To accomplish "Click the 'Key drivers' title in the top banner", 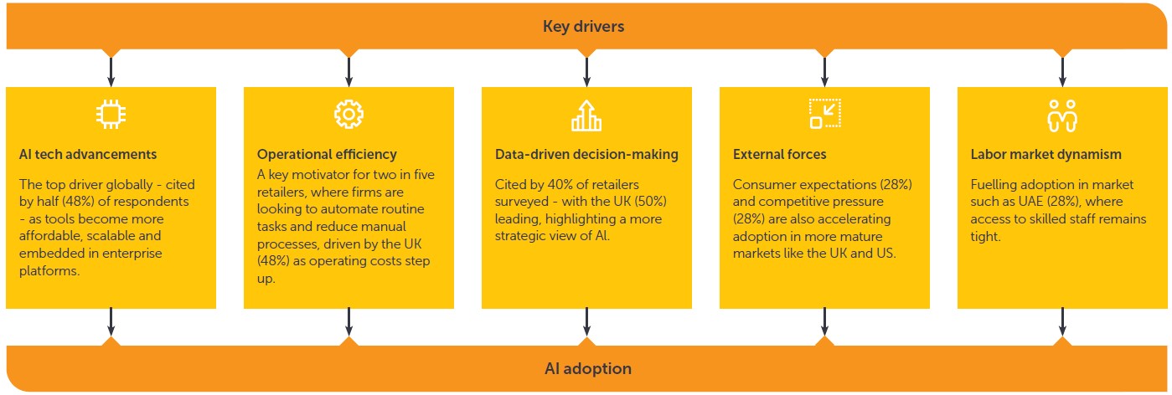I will point(584,27).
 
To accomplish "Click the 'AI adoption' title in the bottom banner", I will point(585,368).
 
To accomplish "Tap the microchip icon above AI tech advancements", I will point(111,115).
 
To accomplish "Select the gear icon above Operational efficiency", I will point(348,115).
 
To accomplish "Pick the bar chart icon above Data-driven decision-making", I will point(586,115).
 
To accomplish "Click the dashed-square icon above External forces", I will point(824,115).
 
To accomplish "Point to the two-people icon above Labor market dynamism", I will point(1062,115).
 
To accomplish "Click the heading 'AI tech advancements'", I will point(88,155).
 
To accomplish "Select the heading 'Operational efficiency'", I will point(327,155).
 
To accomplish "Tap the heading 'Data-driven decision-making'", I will point(586,155).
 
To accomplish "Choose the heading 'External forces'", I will point(779,155).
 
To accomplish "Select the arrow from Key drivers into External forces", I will point(824,71).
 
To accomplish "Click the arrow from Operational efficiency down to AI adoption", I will point(349,322).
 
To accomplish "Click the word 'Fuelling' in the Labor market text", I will point(995,184).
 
